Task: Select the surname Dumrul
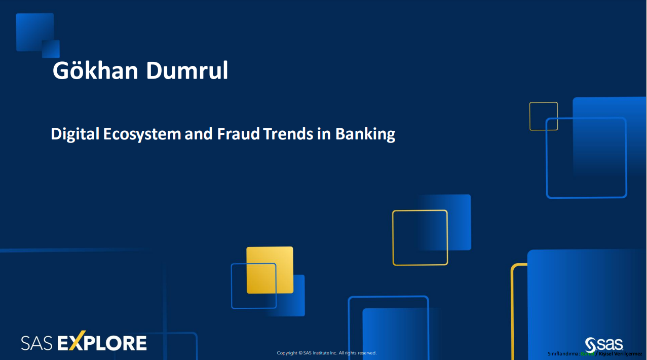pos(187,71)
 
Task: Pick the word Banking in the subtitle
pos(365,134)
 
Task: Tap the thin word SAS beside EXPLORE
pos(37,344)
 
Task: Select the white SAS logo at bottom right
pos(604,344)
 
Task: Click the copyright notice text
pos(327,353)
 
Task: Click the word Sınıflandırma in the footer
pos(563,353)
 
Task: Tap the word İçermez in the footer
pos(633,353)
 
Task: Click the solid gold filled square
pos(270,270)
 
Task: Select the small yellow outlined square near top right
pos(543,116)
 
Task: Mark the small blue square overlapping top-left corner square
pos(51,49)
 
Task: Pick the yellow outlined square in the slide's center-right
pos(420,237)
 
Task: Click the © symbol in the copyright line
pos(300,353)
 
